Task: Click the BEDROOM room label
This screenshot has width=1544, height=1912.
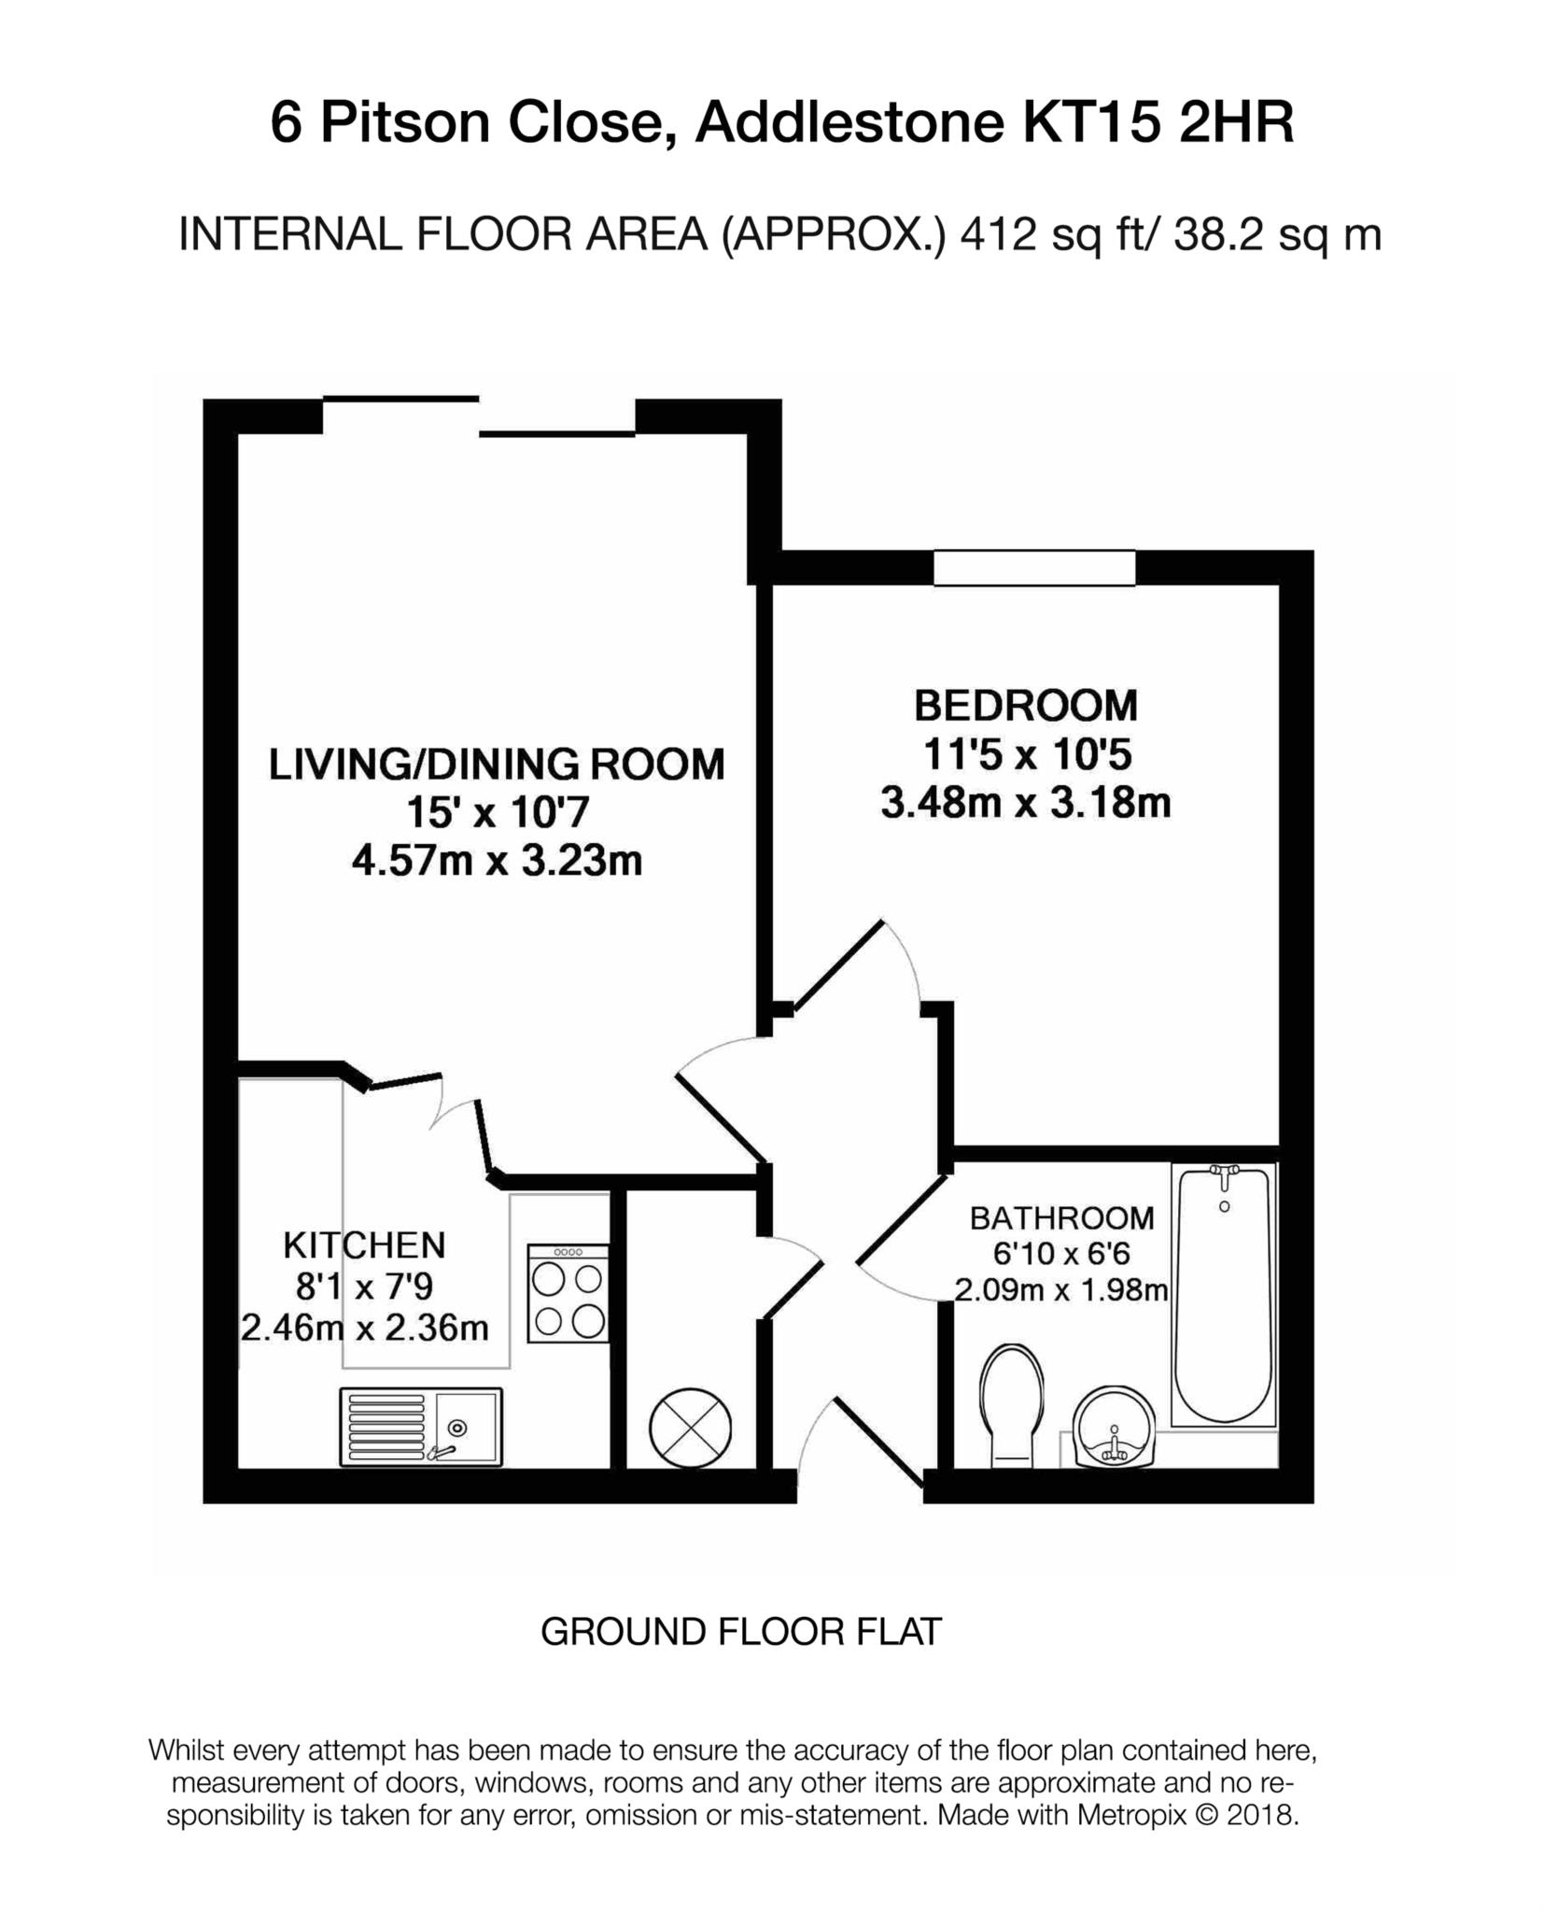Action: click(1025, 706)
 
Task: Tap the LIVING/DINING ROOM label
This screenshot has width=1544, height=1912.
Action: click(497, 764)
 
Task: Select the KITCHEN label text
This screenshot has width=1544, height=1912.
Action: click(364, 1244)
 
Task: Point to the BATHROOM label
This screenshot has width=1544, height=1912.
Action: click(1061, 1218)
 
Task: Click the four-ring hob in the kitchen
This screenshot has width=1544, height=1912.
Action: click(568, 1293)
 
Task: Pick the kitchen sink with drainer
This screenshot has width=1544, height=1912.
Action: click(420, 1426)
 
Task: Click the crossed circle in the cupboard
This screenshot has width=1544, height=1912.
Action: click(690, 1429)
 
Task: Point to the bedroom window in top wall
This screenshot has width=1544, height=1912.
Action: click(1033, 568)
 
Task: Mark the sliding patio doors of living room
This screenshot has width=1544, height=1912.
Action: click(479, 416)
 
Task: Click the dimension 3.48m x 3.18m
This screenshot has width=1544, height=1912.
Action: click(1025, 803)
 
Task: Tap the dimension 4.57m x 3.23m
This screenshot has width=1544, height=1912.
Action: click(497, 861)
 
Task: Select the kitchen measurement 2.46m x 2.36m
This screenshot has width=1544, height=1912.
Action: click(364, 1327)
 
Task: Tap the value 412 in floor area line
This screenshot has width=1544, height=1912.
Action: click(1000, 235)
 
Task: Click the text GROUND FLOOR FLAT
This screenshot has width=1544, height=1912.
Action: click(741, 1631)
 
